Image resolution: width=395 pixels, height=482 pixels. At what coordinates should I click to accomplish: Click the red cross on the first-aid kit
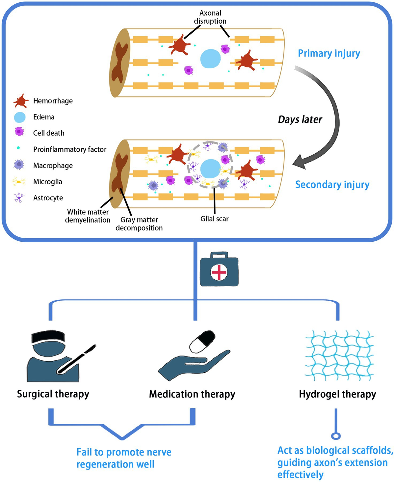(x=219, y=272)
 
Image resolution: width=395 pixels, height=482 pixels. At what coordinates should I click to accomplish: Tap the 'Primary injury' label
(x=329, y=53)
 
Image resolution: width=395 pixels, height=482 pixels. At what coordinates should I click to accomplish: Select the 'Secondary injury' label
(x=332, y=185)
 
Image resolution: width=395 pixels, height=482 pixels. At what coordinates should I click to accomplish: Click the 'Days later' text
(x=300, y=119)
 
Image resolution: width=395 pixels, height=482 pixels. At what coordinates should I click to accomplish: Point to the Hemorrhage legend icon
(x=21, y=101)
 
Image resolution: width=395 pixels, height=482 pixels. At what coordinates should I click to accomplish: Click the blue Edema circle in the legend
(x=20, y=117)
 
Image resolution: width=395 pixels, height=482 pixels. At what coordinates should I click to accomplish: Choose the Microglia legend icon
(x=19, y=181)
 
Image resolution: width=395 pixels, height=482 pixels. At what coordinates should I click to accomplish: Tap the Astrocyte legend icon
(x=19, y=197)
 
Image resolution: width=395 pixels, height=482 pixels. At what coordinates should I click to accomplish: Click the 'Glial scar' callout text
(x=214, y=219)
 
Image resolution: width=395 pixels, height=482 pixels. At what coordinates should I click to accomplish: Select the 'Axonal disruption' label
(x=210, y=17)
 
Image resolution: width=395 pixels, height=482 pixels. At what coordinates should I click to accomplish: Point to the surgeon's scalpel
(x=77, y=359)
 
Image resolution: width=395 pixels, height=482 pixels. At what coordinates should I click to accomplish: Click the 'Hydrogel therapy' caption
(x=337, y=394)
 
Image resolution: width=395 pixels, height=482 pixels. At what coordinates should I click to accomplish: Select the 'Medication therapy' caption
(x=192, y=394)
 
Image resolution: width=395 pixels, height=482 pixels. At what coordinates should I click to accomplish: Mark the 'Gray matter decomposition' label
(x=139, y=224)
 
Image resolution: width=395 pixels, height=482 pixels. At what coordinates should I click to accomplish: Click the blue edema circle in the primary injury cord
(x=210, y=59)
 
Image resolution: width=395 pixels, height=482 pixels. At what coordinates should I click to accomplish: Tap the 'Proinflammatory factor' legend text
(x=70, y=149)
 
